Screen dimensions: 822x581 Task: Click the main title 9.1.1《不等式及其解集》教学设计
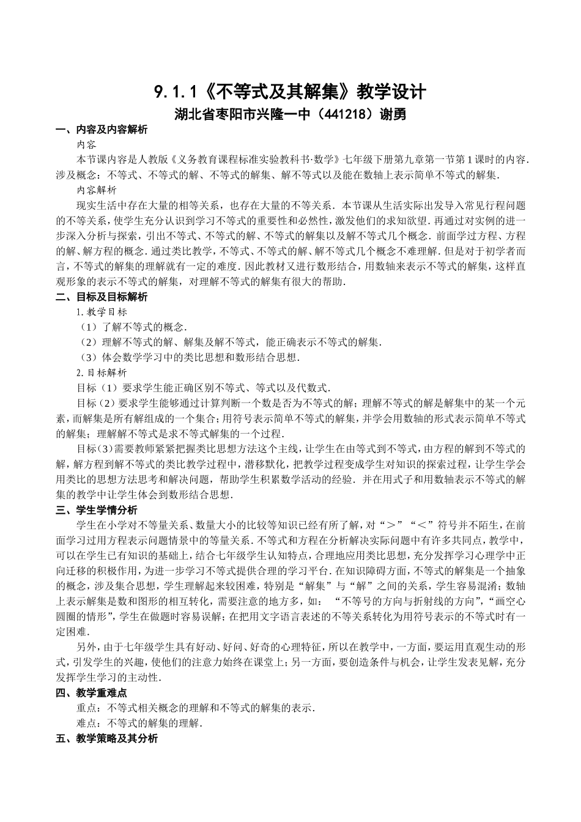(x=290, y=92)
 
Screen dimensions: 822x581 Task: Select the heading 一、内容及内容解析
(x=101, y=130)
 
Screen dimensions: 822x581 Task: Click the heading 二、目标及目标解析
(x=101, y=297)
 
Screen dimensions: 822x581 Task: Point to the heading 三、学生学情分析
(x=96, y=510)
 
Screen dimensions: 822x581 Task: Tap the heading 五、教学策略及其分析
(x=106, y=739)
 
